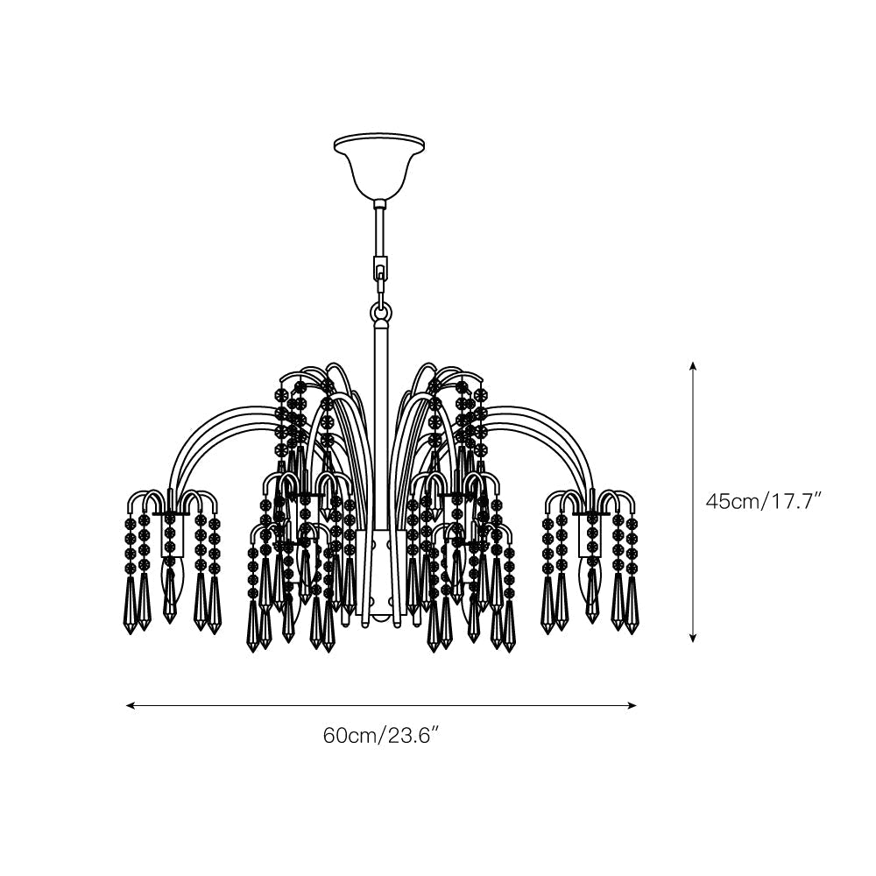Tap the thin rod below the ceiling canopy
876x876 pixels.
point(380,232)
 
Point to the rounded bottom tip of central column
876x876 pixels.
point(381,618)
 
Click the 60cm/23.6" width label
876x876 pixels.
point(380,735)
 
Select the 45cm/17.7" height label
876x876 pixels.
point(763,502)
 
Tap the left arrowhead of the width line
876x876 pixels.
point(130,704)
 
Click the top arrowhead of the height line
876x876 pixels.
point(693,365)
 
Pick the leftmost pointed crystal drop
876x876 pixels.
point(131,604)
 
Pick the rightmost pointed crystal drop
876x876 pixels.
point(632,604)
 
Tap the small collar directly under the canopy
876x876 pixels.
point(380,204)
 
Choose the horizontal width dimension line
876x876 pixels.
point(380,704)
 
